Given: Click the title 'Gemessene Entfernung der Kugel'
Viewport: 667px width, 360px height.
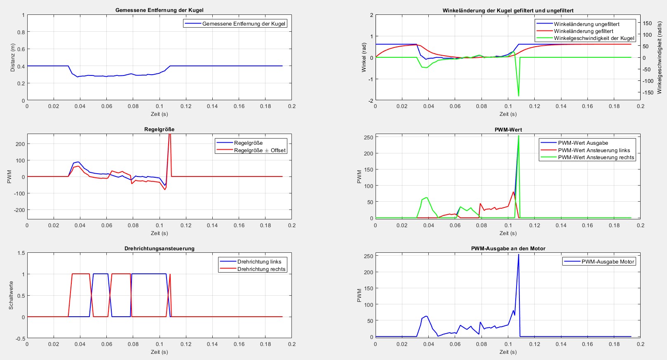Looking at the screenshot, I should (159, 10).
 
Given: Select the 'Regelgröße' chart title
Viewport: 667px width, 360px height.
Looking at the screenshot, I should (159, 129).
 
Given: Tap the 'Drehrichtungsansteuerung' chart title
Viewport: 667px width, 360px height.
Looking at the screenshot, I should (159, 248).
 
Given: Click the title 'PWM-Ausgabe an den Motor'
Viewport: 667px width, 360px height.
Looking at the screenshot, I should (508, 248).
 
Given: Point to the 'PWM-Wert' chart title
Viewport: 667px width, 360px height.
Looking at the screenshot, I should (508, 129).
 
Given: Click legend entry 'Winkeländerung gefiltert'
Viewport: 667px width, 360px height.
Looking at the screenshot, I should (583, 31).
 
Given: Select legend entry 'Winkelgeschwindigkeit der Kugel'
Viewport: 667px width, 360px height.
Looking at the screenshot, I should (594, 38).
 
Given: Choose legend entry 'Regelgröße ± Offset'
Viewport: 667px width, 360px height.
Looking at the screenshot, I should (260, 150).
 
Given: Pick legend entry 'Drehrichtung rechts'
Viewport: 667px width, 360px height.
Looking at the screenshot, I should (261, 269).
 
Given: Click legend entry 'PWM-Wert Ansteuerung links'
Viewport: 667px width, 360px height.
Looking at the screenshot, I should (594, 150).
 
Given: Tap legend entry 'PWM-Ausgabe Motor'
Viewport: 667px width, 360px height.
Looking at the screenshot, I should (608, 261).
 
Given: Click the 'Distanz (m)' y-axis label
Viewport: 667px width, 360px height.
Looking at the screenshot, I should (12, 58).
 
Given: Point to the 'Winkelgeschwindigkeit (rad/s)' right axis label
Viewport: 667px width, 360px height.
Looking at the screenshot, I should (659, 58).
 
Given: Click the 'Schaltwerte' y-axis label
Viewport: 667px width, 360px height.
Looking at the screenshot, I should (11, 295).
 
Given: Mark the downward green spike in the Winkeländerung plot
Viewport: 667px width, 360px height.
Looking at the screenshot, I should (518, 95).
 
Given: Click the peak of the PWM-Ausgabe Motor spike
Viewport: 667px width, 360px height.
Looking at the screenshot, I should (518, 255).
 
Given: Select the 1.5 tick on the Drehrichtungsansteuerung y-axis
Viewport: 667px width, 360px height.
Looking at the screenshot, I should (21, 253).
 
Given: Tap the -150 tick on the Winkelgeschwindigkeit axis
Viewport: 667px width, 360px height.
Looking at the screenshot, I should (647, 92).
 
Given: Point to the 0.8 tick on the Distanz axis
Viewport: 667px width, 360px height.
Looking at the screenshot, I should (21, 32).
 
